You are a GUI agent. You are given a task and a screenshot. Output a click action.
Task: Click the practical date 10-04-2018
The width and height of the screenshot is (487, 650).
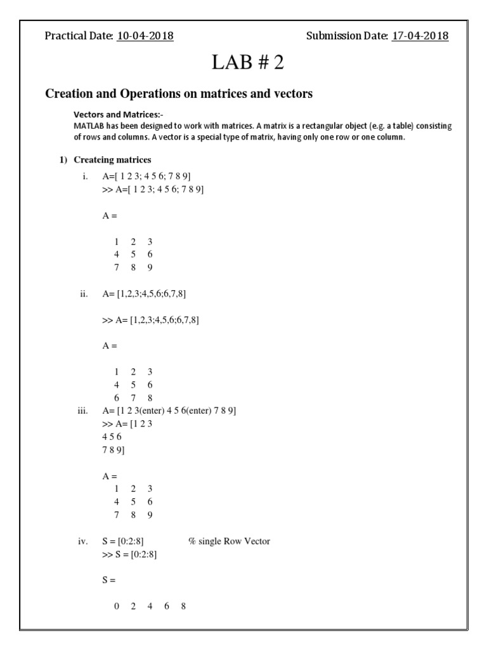pos(145,36)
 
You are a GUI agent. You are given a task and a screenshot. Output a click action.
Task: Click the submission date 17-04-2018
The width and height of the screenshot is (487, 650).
pos(420,36)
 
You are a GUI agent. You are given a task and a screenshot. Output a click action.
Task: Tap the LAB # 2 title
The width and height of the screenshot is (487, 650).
pos(243,63)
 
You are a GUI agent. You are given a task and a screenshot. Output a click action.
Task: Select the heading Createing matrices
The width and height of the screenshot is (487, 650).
pos(112,159)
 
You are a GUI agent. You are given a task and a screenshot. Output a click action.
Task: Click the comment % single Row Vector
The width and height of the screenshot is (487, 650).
pos(229,541)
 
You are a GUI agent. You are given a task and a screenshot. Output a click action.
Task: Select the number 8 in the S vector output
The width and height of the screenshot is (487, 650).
pos(183,606)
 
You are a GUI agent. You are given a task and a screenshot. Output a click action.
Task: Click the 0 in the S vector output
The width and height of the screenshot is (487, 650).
pos(117,606)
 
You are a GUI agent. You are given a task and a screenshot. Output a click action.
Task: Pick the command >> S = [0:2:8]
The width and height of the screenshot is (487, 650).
pos(129,554)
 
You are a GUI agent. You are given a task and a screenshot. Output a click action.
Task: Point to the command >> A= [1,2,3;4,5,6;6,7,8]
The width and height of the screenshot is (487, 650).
pos(150,320)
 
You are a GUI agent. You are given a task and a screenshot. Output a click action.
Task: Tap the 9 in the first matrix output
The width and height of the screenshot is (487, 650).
pos(150,267)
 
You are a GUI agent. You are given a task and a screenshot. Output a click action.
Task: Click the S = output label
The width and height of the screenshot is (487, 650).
pos(108,580)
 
